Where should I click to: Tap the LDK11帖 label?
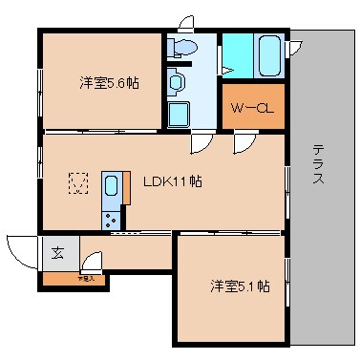pyautogui.click(x=171, y=180)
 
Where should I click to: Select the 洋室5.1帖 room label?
pyautogui.click(x=240, y=286)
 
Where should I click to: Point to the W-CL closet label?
pyautogui.click(x=251, y=107)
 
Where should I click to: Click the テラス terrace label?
pyautogui.click(x=319, y=164)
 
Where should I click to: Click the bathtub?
pyautogui.click(x=268, y=56)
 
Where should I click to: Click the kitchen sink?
pyautogui.click(x=111, y=185)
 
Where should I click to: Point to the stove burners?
pyautogui.click(x=112, y=219)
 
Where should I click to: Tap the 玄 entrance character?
pyautogui.click(x=57, y=254)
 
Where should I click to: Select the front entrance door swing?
pyautogui.click(x=21, y=251)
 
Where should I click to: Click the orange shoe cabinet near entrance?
pyautogui.click(x=73, y=280)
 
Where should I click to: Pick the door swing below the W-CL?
pyautogui.click(x=245, y=142)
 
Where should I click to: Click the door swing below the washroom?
pyautogui.click(x=201, y=142)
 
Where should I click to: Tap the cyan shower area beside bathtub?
pyautogui.click(x=236, y=56)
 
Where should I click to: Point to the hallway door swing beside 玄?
pyautogui.click(x=92, y=261)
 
